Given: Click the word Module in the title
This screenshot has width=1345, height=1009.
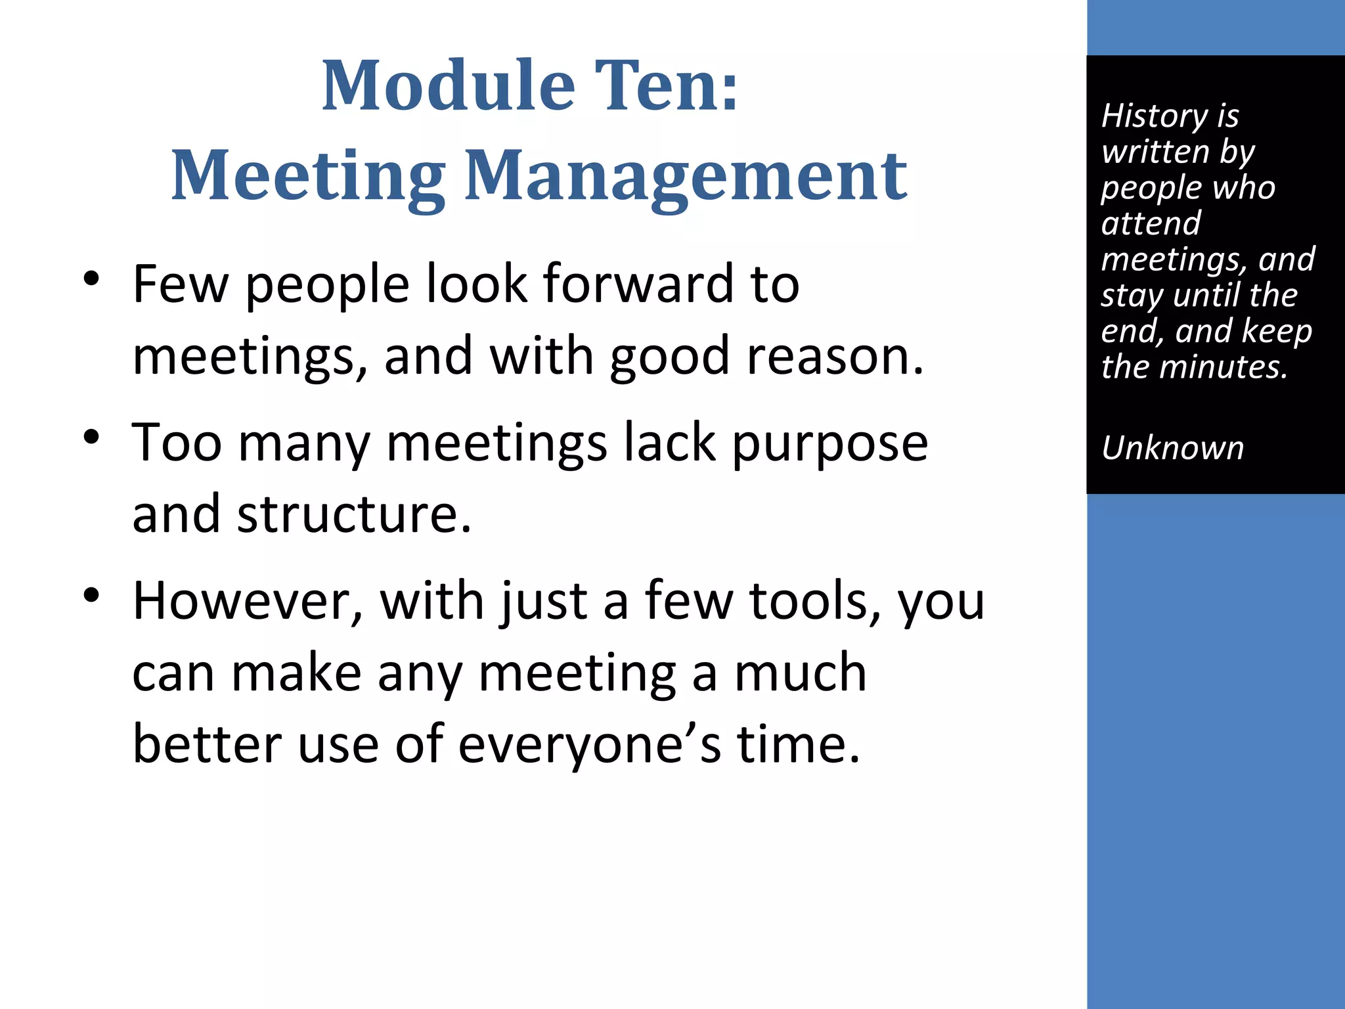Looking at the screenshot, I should click(448, 85).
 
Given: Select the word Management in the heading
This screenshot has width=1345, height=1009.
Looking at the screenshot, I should click(686, 176).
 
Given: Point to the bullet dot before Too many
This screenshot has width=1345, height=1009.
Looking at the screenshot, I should click(91, 436).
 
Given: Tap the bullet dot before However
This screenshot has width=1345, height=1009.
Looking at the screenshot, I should click(91, 595).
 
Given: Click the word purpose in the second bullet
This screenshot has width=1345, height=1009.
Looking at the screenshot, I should click(829, 444).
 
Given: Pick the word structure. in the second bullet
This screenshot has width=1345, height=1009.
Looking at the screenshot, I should click(354, 514).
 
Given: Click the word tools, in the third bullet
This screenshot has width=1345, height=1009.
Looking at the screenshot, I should click(815, 602).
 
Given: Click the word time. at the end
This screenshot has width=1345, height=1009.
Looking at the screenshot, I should click(798, 745).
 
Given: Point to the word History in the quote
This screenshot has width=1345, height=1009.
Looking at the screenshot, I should click(1154, 116).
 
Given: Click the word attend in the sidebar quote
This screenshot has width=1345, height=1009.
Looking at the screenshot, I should click(1151, 223).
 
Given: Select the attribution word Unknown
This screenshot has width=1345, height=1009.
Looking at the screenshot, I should click(1172, 449).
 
